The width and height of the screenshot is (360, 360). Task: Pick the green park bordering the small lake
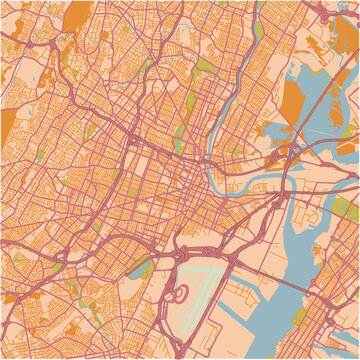click(x=145, y=268)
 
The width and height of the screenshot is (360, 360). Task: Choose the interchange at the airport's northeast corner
click(x=232, y=258)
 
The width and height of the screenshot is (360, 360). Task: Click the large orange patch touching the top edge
click(x=76, y=14)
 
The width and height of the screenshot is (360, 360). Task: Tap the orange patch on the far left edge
click(x=7, y=124)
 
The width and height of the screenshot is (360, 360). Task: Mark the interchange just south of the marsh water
click(x=280, y=155)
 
